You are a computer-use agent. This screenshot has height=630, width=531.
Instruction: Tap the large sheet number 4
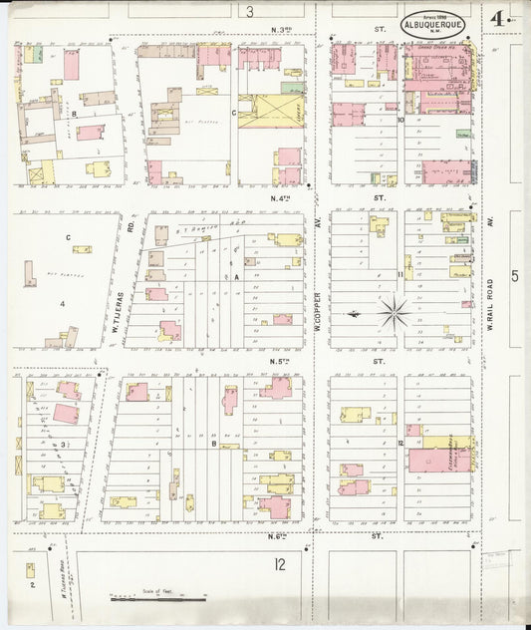pos(495,19)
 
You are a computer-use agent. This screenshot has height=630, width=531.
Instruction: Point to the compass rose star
pos(395,313)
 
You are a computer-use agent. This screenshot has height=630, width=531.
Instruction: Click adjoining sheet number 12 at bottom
pos(279,565)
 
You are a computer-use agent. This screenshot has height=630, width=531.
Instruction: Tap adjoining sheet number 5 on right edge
pos(514,276)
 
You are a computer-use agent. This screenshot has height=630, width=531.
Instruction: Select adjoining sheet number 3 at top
pos(250,12)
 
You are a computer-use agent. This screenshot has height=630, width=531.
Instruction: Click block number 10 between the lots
pos(400,121)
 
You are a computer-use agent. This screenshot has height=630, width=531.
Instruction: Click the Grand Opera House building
pos(438,75)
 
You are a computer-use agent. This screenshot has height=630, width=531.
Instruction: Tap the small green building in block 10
pos(464,134)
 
